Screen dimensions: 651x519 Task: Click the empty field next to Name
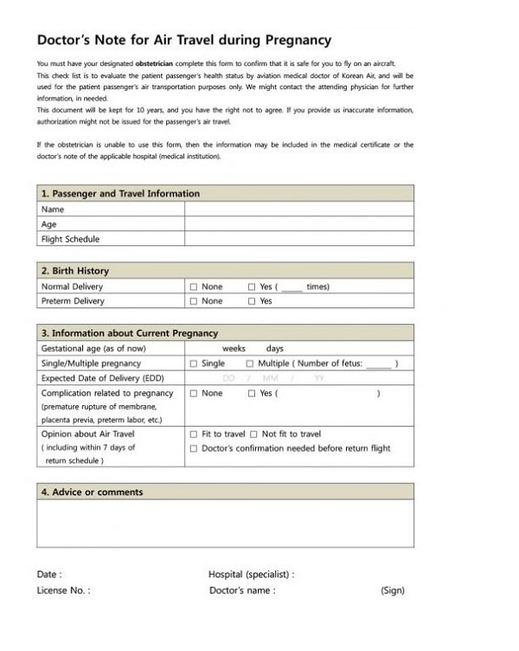pyautogui.click(x=298, y=209)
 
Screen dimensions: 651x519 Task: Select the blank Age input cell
pyautogui.click(x=298, y=224)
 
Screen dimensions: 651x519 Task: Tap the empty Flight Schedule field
pyautogui.click(x=298, y=239)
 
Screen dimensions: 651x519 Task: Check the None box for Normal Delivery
pyautogui.click(x=194, y=287)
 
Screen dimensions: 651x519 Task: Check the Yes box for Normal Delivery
pyautogui.click(x=252, y=287)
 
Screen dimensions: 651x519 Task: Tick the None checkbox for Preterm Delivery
pyautogui.click(x=194, y=301)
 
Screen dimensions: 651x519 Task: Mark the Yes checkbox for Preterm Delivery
pyautogui.click(x=252, y=301)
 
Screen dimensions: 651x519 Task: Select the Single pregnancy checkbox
pyautogui.click(x=194, y=364)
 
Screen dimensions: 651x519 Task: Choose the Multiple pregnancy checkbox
pyautogui.click(x=250, y=364)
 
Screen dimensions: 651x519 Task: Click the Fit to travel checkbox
pyautogui.click(x=194, y=434)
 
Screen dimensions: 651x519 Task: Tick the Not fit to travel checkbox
pyautogui.click(x=254, y=434)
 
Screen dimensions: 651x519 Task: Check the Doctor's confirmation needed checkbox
pyautogui.click(x=194, y=448)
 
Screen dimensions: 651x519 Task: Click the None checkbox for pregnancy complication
pyautogui.click(x=194, y=393)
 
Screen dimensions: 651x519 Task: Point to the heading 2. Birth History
pyautogui.click(x=75, y=271)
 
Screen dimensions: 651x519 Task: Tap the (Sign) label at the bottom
pyautogui.click(x=392, y=590)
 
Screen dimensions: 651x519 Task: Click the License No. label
pyautogui.click(x=63, y=590)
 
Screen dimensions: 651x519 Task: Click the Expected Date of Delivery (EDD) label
pyautogui.click(x=102, y=378)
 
